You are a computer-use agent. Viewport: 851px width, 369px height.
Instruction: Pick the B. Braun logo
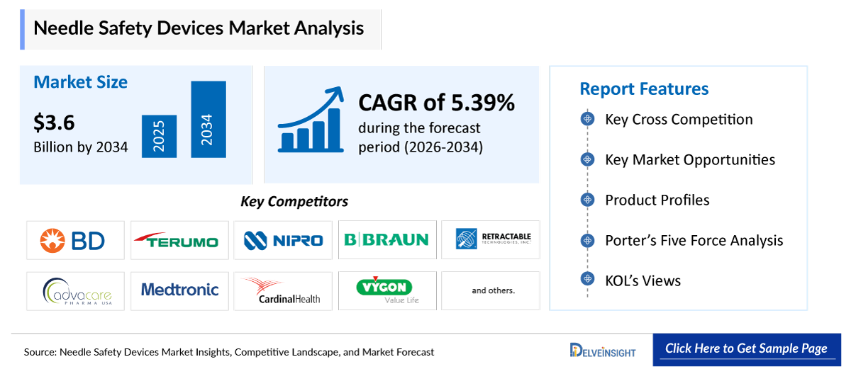(x=386, y=240)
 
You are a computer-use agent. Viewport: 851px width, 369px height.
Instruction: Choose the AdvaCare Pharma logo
(x=75, y=291)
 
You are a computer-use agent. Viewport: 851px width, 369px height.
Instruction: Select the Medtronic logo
(x=179, y=290)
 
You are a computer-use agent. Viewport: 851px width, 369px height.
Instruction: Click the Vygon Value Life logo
(x=386, y=290)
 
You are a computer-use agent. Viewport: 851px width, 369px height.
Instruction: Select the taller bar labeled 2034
(x=208, y=120)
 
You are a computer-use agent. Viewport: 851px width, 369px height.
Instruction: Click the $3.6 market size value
(x=54, y=123)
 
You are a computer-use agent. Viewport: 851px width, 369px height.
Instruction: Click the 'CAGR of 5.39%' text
(x=436, y=103)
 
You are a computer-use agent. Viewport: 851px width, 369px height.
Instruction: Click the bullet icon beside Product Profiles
(x=586, y=200)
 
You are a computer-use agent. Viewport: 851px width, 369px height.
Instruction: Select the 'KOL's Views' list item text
(x=643, y=281)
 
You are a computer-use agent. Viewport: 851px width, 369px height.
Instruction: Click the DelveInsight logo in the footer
(x=603, y=350)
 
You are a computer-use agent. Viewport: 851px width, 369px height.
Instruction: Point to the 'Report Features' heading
(x=644, y=89)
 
